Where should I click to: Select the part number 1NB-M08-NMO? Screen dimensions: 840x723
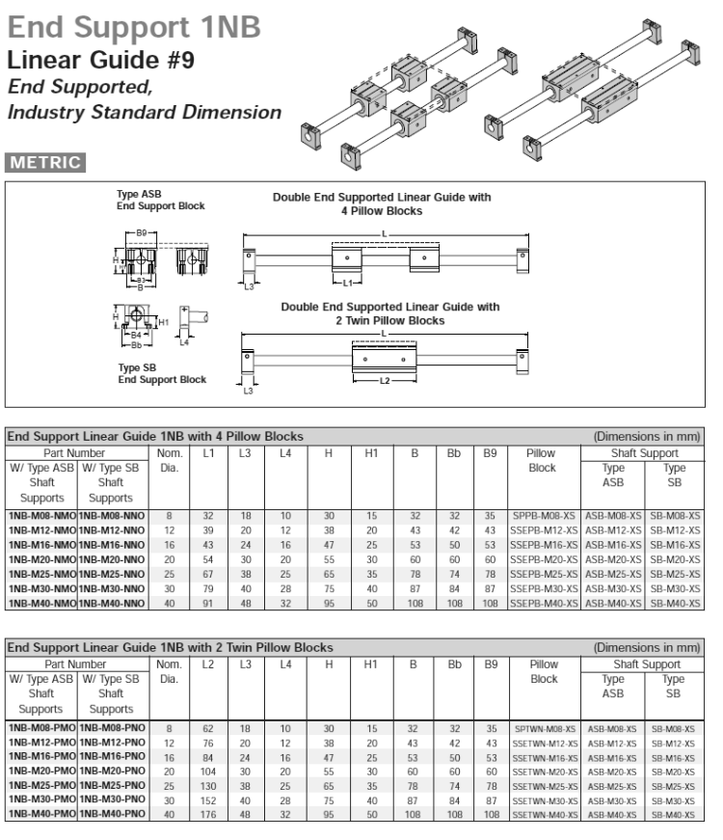(x=41, y=517)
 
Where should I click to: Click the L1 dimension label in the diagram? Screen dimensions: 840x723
(x=353, y=283)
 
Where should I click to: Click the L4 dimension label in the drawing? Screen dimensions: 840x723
(x=185, y=341)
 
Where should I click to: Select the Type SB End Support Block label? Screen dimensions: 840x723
(x=161, y=373)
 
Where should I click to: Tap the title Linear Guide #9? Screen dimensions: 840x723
(x=101, y=61)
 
